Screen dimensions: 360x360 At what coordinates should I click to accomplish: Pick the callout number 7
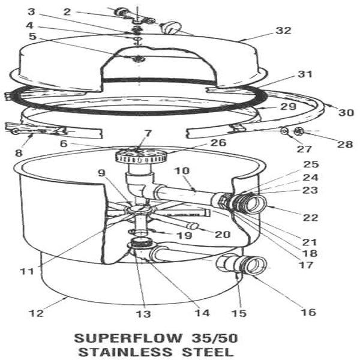(x=148, y=133)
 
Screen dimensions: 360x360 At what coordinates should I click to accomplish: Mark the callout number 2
(x=67, y=11)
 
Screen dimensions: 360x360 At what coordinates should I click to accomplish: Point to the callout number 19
(x=184, y=235)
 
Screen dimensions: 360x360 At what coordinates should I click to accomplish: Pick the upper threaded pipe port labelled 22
(x=252, y=203)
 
